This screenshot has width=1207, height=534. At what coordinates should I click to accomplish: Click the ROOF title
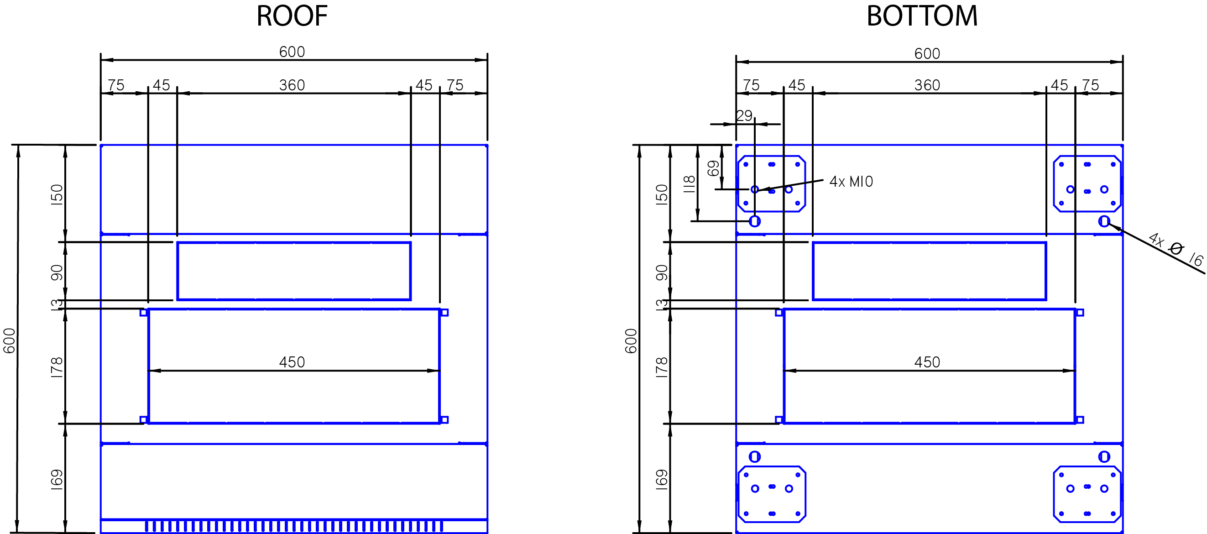click(x=292, y=16)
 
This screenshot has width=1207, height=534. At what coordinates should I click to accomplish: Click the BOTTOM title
click(x=922, y=16)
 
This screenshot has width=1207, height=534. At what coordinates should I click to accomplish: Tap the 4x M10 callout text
click(x=852, y=182)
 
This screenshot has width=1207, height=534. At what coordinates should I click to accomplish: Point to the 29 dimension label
click(x=744, y=115)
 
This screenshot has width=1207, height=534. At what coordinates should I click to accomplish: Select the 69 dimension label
click(x=713, y=168)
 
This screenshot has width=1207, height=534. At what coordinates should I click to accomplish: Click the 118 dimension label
click(x=689, y=184)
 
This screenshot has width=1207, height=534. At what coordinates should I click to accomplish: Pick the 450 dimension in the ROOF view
click(x=292, y=362)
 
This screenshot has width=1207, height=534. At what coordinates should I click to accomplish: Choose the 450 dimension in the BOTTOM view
click(x=927, y=362)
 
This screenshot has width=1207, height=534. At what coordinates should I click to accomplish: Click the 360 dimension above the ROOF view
click(x=292, y=85)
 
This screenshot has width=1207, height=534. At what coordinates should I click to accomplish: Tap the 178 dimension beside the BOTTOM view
click(x=662, y=367)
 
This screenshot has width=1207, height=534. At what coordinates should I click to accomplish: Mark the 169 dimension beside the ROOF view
click(x=57, y=480)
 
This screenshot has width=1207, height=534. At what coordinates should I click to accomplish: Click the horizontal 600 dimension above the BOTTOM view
click(x=927, y=53)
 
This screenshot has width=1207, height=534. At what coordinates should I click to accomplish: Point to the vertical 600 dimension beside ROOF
click(x=10, y=341)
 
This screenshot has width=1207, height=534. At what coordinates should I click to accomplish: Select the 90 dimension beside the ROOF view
click(x=57, y=273)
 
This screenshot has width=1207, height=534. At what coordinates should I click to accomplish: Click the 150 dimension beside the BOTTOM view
click(x=662, y=194)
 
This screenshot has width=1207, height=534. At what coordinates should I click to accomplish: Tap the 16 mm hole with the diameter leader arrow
click(x=1104, y=221)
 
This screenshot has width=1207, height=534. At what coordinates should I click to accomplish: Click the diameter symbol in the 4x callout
click(x=1176, y=248)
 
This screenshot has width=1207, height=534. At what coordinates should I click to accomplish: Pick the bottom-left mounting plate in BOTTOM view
click(x=772, y=494)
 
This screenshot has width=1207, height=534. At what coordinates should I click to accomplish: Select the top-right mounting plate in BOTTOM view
click(x=1087, y=184)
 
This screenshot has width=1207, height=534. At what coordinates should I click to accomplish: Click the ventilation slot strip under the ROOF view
click(x=294, y=526)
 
